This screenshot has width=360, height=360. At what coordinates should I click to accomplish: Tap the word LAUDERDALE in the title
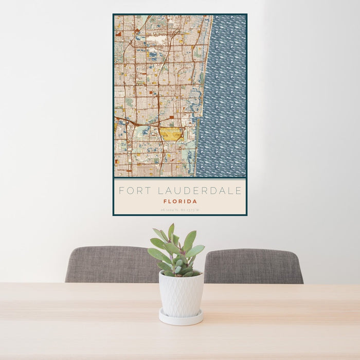point(199,191)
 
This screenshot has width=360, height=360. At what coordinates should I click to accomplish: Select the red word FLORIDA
point(180,202)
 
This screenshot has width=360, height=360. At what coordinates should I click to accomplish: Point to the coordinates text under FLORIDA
point(180,209)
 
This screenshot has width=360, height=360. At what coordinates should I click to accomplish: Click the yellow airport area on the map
point(171,134)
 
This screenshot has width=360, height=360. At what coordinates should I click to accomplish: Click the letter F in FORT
point(122,191)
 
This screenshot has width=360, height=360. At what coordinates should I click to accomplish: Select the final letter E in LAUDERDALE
point(239,191)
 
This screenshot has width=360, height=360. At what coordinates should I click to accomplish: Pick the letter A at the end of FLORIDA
point(195,202)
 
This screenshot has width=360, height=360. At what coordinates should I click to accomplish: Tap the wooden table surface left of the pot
point(77,309)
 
